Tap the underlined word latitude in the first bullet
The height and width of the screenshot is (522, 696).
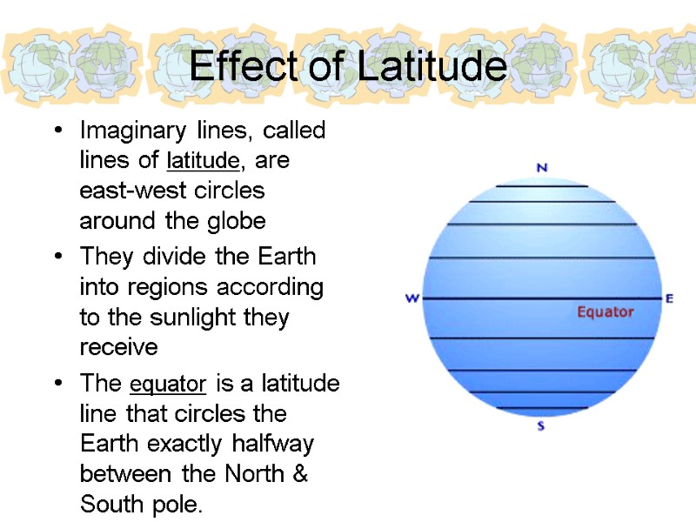coord(202,161)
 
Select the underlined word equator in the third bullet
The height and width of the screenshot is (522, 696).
coord(168,384)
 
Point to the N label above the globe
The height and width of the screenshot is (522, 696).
coord(541,168)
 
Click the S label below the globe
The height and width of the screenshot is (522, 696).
coord(541,426)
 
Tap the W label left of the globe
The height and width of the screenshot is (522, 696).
coord(412,298)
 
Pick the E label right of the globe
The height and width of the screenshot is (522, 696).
coord(669,298)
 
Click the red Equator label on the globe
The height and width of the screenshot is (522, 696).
coord(606,311)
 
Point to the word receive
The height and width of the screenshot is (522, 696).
coord(118,347)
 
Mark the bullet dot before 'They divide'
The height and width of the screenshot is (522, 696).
coord(57,258)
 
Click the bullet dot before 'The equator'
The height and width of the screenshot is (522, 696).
coord(57,384)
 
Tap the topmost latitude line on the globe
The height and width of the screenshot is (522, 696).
coord(541,186)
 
